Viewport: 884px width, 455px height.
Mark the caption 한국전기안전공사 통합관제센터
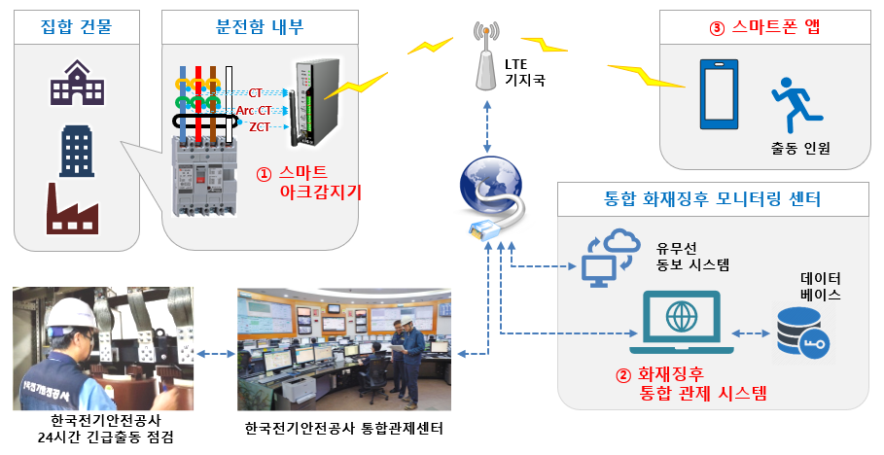[344, 428]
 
